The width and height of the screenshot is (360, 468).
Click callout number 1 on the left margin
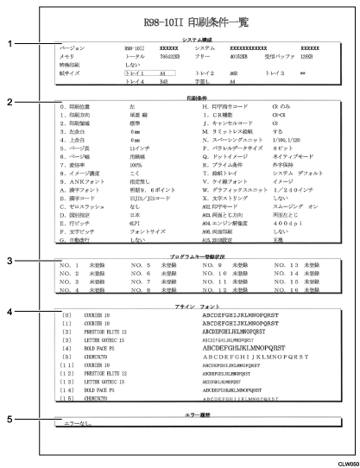[7, 42]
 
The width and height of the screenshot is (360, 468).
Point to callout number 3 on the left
[7, 260]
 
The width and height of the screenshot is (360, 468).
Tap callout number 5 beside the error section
[7, 421]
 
